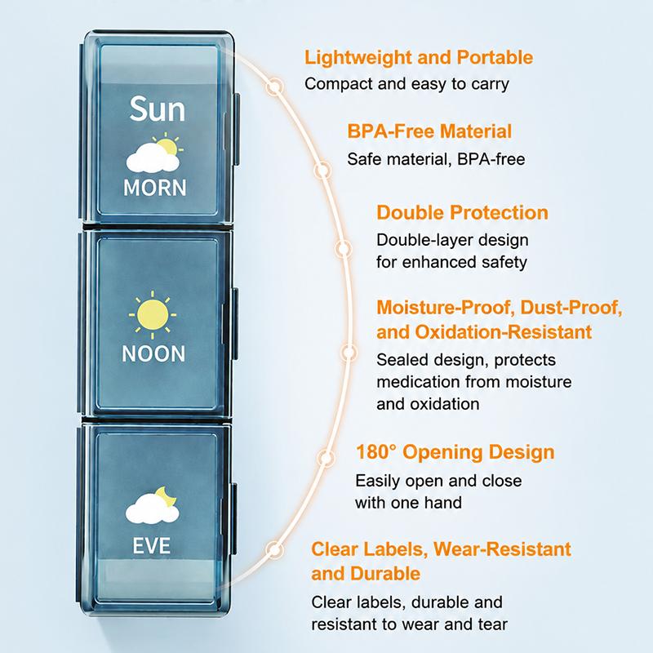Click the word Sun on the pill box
157,109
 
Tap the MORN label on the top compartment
155,188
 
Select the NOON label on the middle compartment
153,354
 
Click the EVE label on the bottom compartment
152,545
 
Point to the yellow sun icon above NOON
153,315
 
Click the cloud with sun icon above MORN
154,153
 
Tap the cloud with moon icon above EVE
153,504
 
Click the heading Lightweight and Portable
419,57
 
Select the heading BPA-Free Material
429,131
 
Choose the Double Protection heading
462,212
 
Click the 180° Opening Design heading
455,452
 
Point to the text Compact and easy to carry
406,84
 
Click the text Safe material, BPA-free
436,158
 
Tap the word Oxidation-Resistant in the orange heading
503,332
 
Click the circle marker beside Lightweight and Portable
274,87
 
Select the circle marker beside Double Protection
344,249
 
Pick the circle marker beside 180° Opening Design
326,458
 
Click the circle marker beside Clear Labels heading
274,549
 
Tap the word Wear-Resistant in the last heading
502,549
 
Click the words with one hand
409,503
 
